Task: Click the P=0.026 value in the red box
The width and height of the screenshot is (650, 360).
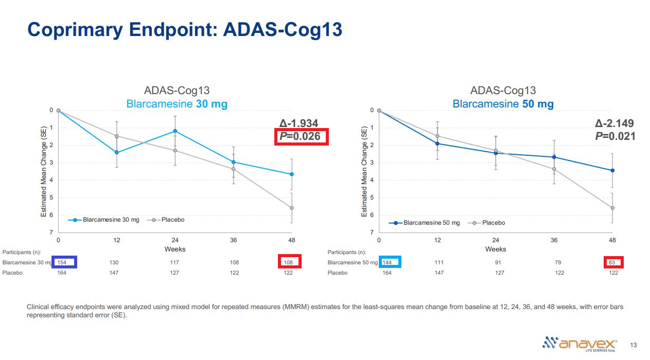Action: click(x=300, y=136)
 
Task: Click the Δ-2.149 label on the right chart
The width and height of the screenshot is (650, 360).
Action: click(x=614, y=123)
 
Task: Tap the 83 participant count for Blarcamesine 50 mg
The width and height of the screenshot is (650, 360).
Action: click(x=613, y=262)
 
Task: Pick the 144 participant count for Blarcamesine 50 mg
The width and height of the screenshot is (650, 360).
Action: click(x=387, y=262)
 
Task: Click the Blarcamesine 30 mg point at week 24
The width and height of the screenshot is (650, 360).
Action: click(x=175, y=131)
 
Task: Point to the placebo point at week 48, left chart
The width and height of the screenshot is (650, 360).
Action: click(x=292, y=208)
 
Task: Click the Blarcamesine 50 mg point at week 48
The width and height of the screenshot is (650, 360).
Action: click(x=612, y=170)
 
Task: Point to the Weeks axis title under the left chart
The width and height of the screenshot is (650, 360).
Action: click(x=175, y=249)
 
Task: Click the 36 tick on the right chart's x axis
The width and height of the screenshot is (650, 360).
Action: click(x=554, y=240)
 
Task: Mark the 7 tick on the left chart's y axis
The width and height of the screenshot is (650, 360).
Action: click(x=51, y=232)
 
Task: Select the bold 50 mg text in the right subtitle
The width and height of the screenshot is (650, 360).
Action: click(x=537, y=104)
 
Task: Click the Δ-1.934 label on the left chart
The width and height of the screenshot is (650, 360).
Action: click(x=298, y=123)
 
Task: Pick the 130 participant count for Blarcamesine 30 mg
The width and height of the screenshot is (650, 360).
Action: click(x=114, y=262)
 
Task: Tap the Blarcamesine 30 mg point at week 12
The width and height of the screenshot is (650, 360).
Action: click(x=117, y=152)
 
